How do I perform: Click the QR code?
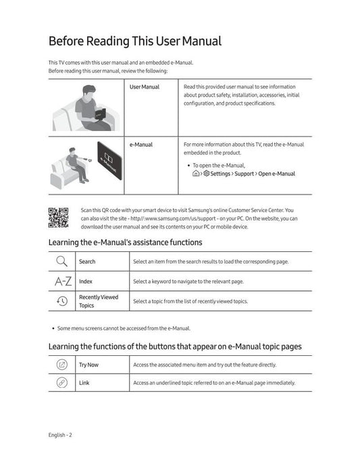(x=58, y=217)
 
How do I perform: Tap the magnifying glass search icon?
(x=61, y=261)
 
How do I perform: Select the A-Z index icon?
(x=63, y=281)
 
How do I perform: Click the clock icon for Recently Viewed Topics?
(x=62, y=301)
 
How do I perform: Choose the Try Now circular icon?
(x=62, y=365)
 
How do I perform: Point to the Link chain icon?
(x=62, y=382)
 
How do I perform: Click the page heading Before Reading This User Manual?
(x=135, y=41)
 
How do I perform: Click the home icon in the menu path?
(x=196, y=174)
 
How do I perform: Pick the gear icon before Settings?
(x=206, y=174)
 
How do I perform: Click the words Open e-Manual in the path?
(x=276, y=174)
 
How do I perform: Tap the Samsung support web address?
(x=173, y=218)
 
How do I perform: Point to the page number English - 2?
(x=60, y=435)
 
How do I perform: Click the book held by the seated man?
(x=100, y=113)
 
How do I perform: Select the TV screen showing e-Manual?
(x=109, y=161)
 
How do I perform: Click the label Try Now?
(x=88, y=365)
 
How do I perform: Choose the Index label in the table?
(x=86, y=281)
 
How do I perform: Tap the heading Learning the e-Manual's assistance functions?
(x=125, y=242)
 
